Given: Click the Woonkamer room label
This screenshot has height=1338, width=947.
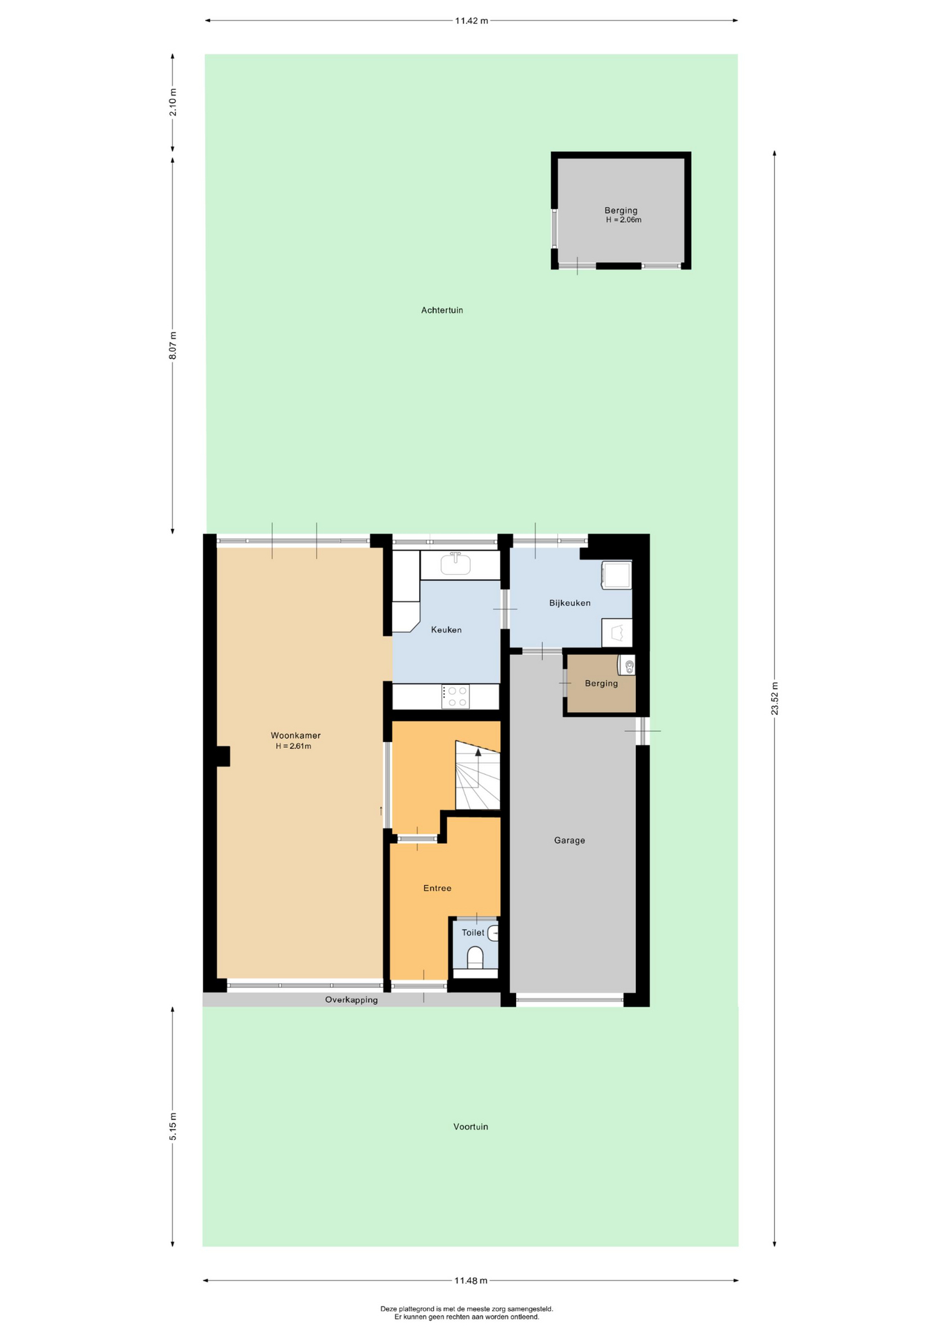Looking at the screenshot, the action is point(296,735).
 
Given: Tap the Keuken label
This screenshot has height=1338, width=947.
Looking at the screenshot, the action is point(446,629).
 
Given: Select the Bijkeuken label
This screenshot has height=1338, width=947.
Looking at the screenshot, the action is point(570,603).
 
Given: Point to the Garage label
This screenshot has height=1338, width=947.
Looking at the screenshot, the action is point(570,840).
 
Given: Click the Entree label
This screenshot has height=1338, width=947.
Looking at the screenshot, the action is point(437,888).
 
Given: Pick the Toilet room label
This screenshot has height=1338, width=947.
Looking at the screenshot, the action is point(473,932).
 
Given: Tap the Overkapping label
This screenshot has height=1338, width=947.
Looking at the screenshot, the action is point(351,999).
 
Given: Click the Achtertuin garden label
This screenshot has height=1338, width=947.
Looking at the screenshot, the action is point(442,310).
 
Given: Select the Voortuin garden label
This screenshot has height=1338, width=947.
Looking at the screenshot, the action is point(471,1126).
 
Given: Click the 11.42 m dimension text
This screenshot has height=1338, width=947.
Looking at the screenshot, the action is point(471,21).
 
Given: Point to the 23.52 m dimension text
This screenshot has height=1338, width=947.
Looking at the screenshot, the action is point(775,698).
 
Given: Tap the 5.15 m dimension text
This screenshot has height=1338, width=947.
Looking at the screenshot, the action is point(173,1126).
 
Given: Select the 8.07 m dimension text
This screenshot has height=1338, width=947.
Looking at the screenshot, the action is point(173,346).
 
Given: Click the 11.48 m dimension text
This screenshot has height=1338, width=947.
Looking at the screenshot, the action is point(471,1280).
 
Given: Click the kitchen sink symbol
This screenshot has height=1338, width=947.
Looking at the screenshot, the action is point(455,564).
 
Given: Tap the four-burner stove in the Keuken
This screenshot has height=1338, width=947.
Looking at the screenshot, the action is point(455,696).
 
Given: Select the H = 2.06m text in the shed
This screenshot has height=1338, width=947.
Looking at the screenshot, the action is point(623,220).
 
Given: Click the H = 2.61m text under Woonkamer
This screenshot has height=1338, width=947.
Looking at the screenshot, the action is point(293,746).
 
